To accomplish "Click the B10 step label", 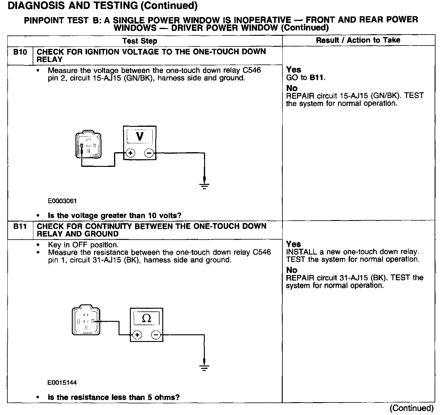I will pos(20,52).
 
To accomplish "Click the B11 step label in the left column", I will pos(20,226).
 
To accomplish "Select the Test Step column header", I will pos(140,41).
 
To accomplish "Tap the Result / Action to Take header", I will pos(358,40).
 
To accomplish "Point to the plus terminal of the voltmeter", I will pos(131,153).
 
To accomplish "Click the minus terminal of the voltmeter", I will pos(149,153).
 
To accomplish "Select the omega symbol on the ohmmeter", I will pos(147,319).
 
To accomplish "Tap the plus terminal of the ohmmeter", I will pos(138,335).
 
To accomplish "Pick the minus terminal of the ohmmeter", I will pos(156,335).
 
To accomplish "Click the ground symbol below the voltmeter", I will pos(204,185).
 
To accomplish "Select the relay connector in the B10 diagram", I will pos(88,145).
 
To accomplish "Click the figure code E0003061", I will pos(62,201).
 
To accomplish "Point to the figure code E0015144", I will pos(62,383).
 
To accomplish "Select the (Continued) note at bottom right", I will pos(411,408).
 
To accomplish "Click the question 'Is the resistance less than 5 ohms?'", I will pos(114,397).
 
